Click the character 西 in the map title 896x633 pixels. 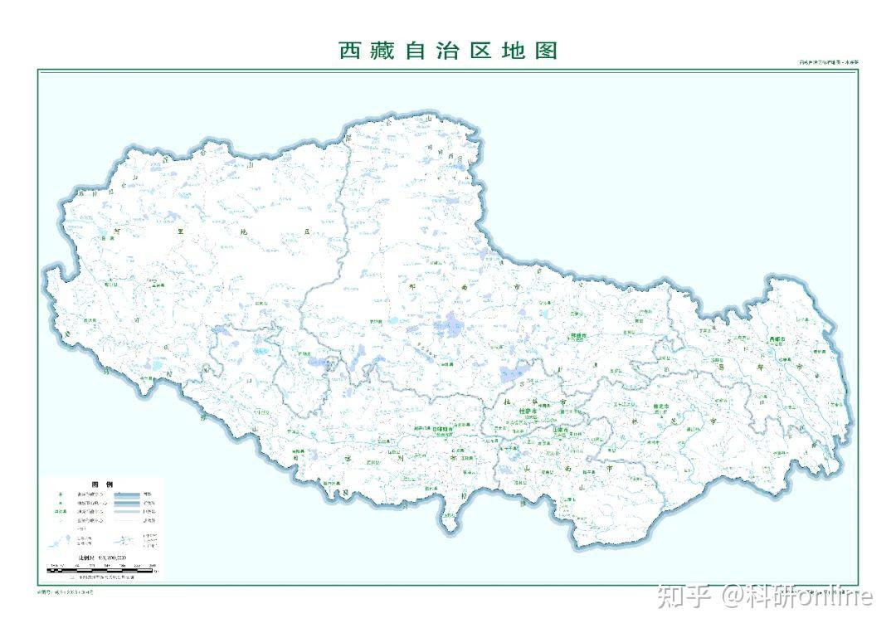[350, 51]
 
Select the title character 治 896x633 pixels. [469, 51]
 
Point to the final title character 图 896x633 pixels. [545, 51]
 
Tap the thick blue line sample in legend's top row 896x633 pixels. [126, 494]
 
